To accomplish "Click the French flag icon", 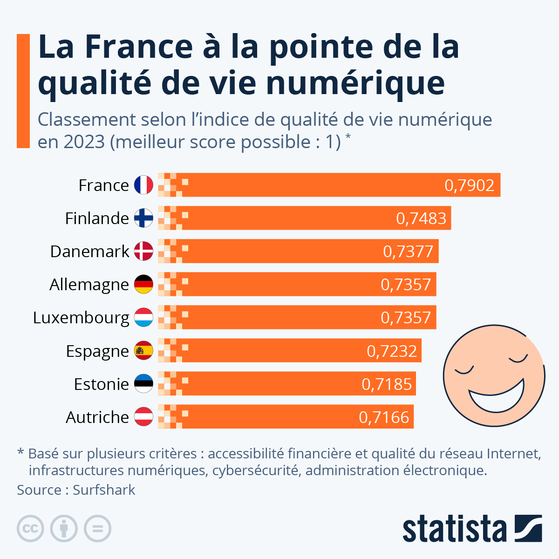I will click(x=143, y=185).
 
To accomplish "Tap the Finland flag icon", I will click(x=143, y=218).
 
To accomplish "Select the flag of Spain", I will click(x=143, y=351).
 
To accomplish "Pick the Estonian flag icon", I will click(x=143, y=384).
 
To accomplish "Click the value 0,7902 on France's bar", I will click(x=469, y=185).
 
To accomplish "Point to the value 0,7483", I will click(x=421, y=218).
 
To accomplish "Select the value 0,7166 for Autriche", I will click(x=384, y=417).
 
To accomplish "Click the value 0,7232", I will click(x=392, y=351).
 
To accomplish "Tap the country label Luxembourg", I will click(x=81, y=318).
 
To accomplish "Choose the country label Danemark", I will click(x=89, y=252).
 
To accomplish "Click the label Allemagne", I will click(x=89, y=285).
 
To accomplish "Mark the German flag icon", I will click(x=143, y=284).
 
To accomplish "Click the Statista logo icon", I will click(x=528, y=528).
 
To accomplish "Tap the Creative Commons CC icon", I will click(x=30, y=529).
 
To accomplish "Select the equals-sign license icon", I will click(x=97, y=529).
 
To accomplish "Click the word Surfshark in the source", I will click(x=104, y=490).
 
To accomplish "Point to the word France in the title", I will click(x=139, y=47).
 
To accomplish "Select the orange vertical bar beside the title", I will click(x=23, y=91).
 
